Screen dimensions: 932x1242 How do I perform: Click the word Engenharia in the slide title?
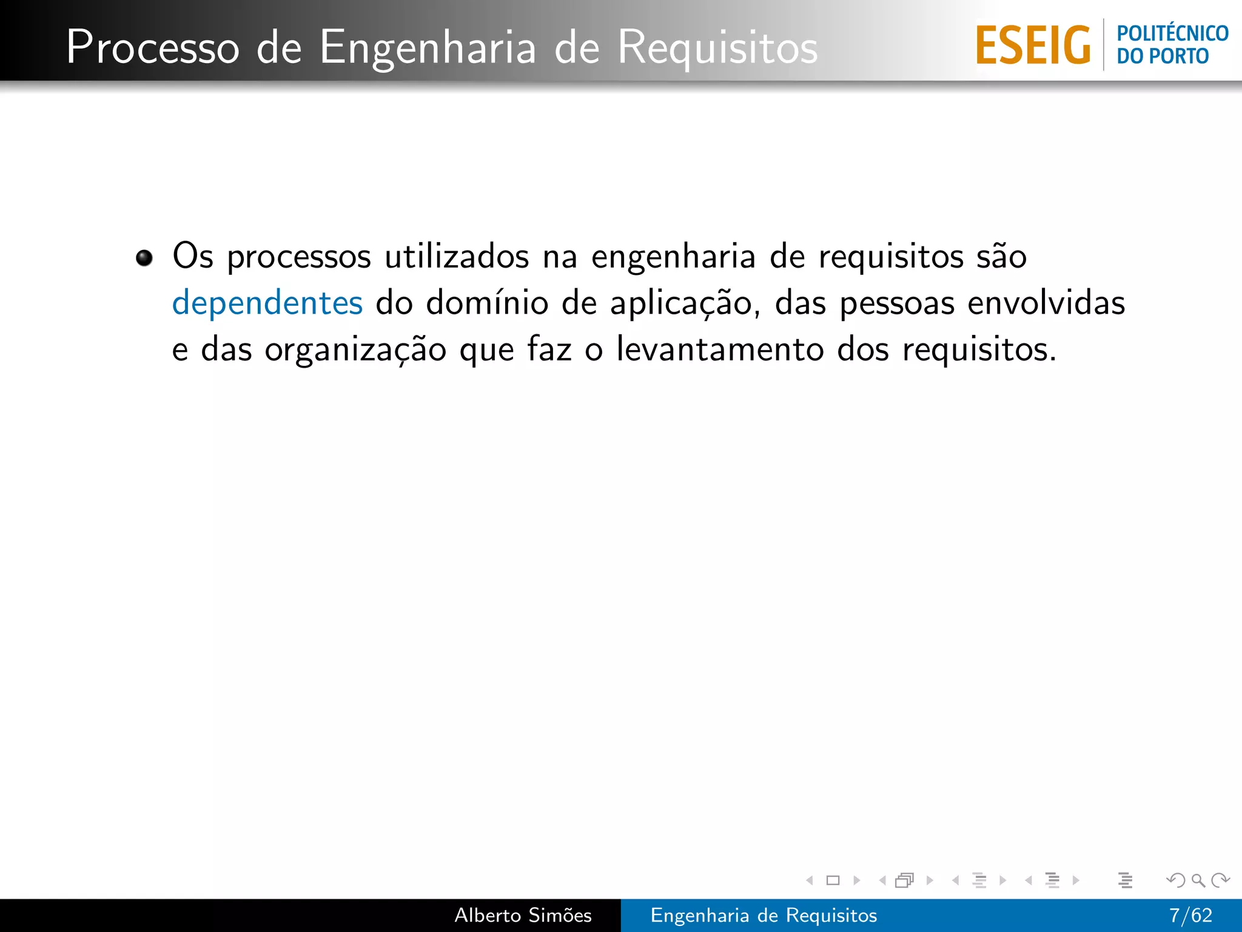(x=428, y=47)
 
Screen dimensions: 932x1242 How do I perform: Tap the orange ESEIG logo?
(x=1033, y=46)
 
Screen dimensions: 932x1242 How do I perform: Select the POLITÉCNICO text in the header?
(x=1172, y=33)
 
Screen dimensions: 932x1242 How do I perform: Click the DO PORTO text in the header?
(x=1163, y=56)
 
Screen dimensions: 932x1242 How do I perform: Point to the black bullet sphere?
(x=144, y=258)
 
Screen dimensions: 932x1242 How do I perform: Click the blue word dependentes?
(x=267, y=303)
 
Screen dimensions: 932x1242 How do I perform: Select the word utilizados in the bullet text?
(x=457, y=256)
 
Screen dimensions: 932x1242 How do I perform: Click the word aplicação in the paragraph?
(x=685, y=303)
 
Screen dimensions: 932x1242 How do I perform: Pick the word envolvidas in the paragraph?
(x=1046, y=303)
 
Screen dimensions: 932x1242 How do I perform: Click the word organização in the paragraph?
(x=355, y=349)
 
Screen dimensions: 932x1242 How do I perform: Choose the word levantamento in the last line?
(x=720, y=349)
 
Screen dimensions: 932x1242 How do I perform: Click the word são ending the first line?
(x=1001, y=256)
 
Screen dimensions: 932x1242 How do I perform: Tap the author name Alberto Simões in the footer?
(x=523, y=915)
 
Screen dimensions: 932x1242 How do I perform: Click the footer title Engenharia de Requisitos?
(x=764, y=915)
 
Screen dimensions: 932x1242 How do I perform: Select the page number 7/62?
(x=1190, y=915)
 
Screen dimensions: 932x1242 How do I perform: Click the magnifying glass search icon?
(x=1198, y=880)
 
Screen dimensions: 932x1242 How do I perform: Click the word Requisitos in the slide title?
(x=717, y=47)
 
